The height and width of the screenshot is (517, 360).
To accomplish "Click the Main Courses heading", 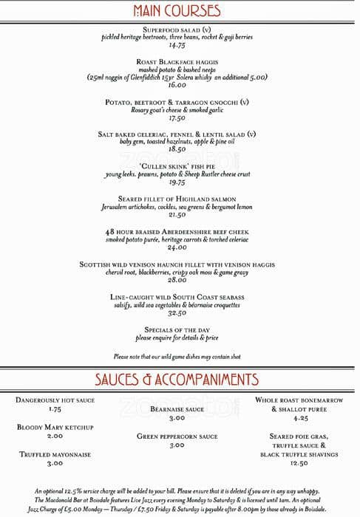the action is point(177,10).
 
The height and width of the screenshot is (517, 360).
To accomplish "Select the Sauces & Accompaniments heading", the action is point(177,380).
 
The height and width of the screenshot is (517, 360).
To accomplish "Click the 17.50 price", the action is point(177,118).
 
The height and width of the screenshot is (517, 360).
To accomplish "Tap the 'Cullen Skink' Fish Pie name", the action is point(177,166).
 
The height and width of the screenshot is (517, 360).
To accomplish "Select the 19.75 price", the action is point(177,182).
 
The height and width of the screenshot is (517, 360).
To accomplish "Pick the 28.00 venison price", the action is point(177,280).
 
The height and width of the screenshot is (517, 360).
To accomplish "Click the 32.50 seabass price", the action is point(177,312).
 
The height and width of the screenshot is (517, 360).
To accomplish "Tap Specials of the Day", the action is point(177,329).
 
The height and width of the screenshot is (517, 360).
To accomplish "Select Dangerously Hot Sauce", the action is point(55,400).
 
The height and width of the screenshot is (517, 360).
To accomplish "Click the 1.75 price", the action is point(55,409).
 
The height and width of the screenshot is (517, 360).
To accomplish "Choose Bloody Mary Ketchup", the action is point(55,427).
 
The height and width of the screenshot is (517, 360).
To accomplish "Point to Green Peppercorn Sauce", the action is point(177,436).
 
